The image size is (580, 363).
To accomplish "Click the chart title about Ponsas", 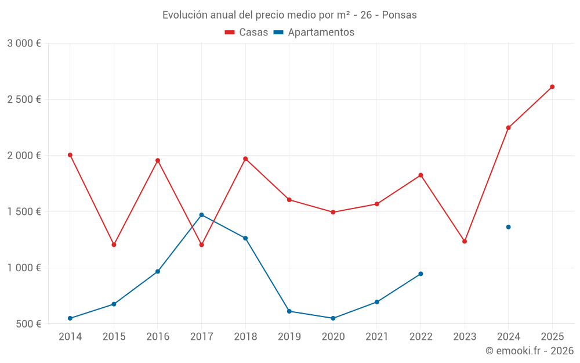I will click(289, 15).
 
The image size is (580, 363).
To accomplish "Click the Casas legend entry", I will click(246, 33).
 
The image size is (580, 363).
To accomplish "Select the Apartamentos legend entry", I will click(314, 33).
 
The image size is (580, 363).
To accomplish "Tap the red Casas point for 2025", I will click(552, 87).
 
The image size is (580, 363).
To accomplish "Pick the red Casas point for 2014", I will click(70, 155).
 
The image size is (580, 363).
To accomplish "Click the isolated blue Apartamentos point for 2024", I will click(508, 227).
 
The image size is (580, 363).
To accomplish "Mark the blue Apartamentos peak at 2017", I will click(202, 215).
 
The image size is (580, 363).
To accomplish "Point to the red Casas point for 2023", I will click(465, 241).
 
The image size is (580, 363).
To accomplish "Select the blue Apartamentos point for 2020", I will click(333, 318).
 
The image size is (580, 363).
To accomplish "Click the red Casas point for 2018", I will click(245, 159).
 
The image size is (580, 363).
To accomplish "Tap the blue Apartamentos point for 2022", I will click(420, 274).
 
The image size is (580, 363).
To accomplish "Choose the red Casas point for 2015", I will click(114, 245).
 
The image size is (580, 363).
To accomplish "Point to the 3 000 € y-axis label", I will click(24, 44).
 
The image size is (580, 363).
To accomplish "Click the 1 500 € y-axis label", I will click(24, 212).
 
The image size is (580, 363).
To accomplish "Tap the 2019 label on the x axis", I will click(289, 337).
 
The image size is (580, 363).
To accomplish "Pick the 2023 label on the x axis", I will click(465, 337).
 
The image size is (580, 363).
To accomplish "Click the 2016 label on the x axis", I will click(158, 337).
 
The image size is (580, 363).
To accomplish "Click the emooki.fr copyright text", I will click(529, 351).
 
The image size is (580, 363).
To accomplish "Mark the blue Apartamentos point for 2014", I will click(70, 318).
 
